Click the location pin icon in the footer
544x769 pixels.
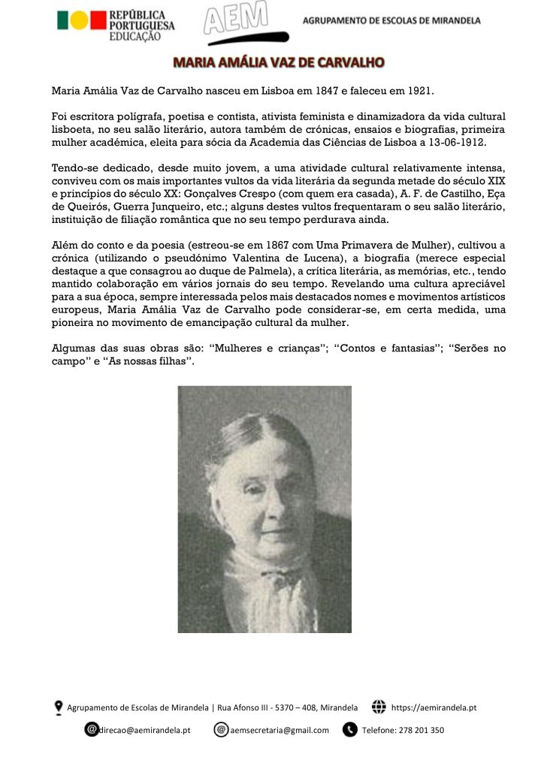[x=59, y=707]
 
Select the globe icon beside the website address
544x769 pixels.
[x=379, y=707]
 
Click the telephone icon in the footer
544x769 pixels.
[x=349, y=730]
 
